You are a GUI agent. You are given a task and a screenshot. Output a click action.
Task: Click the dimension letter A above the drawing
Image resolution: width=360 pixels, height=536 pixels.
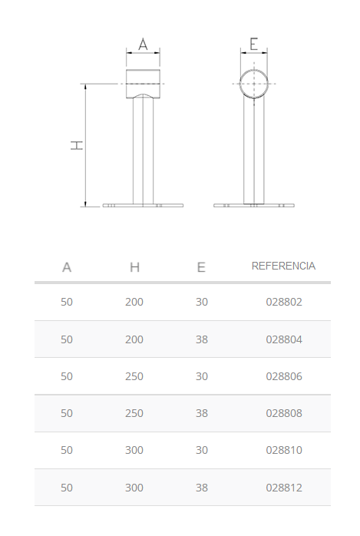pos(143,45)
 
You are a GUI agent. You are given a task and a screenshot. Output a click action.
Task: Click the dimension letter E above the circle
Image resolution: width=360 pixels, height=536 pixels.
pos(254,44)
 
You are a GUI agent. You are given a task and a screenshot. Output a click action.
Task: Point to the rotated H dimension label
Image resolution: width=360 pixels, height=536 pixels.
pos(77,145)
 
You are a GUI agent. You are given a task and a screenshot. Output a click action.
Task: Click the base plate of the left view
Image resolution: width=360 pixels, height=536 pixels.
pos(143,206)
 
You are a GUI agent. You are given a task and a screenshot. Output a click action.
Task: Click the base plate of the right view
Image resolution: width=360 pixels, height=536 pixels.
pos(254,206)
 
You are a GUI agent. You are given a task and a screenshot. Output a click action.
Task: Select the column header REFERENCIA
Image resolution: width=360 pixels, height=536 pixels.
pos(283,266)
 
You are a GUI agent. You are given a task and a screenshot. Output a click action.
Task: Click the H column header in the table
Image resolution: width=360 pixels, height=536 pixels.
pos(134,267)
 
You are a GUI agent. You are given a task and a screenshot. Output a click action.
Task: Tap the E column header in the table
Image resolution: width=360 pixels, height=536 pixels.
pos(201,267)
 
